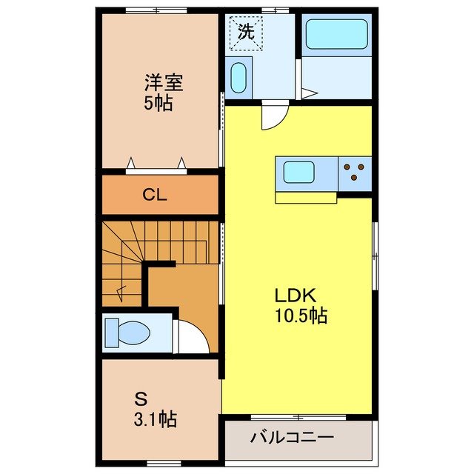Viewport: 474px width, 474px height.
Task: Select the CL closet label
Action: pyautogui.click(x=156, y=196)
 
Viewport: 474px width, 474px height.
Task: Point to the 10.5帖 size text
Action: pyautogui.click(x=298, y=316)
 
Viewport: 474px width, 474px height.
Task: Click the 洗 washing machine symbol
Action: pyautogui.click(x=245, y=31)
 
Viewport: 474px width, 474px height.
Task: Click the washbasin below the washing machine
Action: pyautogui.click(x=238, y=77)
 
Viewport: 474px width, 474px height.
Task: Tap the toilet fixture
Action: pyautogui.click(x=126, y=332)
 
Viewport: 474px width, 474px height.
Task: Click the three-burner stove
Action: pyautogui.click(x=355, y=173)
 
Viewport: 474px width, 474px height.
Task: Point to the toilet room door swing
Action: pyautogui.click(x=191, y=338)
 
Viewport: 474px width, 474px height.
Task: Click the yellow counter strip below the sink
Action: pyautogui.click(x=306, y=197)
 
